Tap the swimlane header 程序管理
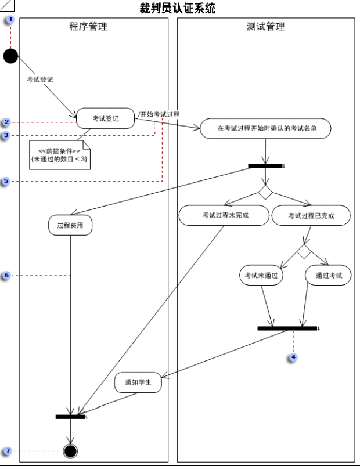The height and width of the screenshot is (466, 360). point(88,27)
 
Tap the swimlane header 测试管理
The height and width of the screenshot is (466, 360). point(266,27)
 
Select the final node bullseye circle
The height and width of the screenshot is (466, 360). point(70,450)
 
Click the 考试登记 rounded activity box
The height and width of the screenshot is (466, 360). point(105,118)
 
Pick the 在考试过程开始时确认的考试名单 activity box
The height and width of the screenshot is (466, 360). point(266,128)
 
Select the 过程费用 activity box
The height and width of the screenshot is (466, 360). point(70,225)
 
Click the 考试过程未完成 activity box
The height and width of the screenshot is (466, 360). point(225,215)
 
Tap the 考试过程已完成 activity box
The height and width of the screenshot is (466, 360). point(311,215)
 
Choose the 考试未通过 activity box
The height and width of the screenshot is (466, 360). point(261,276)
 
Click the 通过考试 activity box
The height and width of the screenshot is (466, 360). point(328,276)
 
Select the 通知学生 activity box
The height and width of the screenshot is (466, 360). point(138,382)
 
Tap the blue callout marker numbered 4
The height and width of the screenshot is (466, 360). point(293,357)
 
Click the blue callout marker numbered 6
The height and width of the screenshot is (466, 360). point(6,276)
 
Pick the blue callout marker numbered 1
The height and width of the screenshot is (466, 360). point(10,20)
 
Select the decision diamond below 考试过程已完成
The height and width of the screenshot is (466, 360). point(304,251)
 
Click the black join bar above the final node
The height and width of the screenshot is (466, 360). point(70,416)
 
